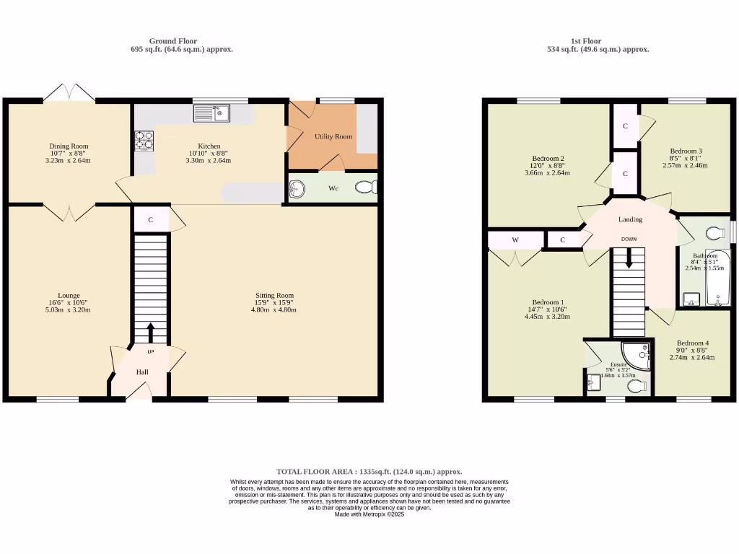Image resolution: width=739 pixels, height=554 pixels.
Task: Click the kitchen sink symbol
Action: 211,113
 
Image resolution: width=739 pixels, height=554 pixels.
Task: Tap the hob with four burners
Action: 144,140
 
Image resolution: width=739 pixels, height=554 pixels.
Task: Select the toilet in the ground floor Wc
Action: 367,188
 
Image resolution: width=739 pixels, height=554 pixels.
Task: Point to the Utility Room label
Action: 333,136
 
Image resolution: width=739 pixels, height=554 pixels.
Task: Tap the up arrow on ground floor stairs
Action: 151,333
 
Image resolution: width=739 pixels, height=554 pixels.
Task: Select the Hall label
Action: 143,372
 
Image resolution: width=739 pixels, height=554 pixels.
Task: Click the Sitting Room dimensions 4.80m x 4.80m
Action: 274,309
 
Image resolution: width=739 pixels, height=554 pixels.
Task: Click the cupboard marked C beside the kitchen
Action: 150,220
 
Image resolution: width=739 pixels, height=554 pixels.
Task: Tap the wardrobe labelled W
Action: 515,239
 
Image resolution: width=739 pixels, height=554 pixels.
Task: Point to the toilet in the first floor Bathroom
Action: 715,232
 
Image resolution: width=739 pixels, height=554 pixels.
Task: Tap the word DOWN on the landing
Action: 629,239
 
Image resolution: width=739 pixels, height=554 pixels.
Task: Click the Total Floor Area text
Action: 369,471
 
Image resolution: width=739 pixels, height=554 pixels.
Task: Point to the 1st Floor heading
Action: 586,41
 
